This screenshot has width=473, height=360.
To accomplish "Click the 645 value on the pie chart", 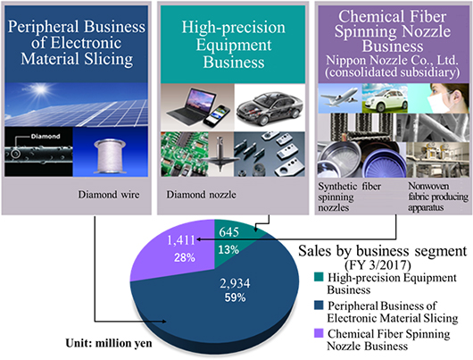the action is (x=229, y=231).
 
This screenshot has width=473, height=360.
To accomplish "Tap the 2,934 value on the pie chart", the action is (x=235, y=283).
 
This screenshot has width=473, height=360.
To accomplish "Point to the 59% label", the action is (x=235, y=297).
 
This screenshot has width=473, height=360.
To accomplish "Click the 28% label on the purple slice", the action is (x=185, y=257).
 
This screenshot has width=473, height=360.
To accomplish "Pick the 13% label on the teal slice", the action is (x=228, y=250).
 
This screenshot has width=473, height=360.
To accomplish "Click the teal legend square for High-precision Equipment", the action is (x=319, y=277).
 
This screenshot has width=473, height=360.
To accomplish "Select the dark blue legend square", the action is (x=319, y=305).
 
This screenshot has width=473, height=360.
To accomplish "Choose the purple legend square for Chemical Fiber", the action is (x=319, y=333).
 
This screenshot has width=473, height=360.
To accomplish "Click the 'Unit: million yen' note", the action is (x=109, y=343).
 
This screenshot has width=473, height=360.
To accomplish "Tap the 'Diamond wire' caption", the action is (x=109, y=195).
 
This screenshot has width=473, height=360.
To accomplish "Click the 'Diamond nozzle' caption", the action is (x=201, y=195).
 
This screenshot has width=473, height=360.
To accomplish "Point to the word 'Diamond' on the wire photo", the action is (x=46, y=137).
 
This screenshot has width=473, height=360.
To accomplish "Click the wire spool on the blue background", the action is (x=110, y=156).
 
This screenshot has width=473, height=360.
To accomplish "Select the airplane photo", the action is (x=340, y=97).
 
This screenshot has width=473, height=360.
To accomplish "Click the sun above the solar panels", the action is (x=39, y=89).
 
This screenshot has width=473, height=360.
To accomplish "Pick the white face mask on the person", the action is (x=439, y=101).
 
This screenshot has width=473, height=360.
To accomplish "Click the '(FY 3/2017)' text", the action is (x=378, y=265).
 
